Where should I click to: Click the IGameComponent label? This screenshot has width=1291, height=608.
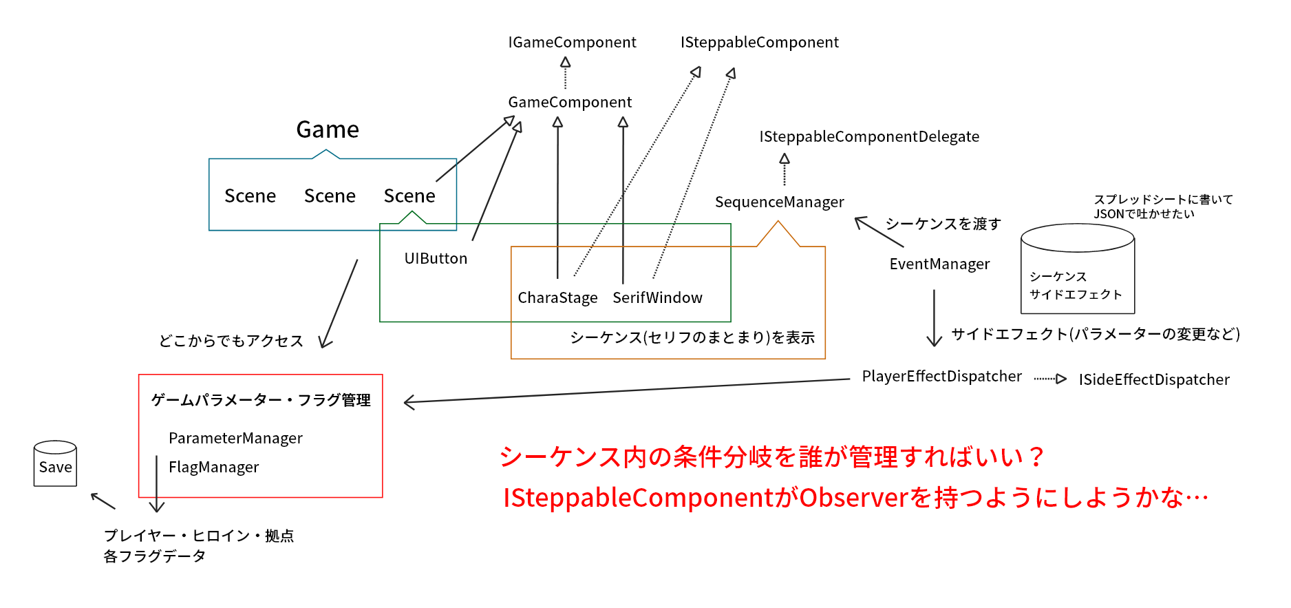tap(572, 43)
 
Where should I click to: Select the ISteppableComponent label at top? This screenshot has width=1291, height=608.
tap(759, 43)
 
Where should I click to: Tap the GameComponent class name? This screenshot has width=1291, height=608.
tap(570, 103)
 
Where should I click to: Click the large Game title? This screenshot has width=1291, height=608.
tap(328, 130)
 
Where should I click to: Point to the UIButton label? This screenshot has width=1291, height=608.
tap(436, 259)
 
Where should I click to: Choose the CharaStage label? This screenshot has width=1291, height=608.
tap(557, 298)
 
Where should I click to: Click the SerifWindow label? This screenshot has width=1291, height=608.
tap(657, 298)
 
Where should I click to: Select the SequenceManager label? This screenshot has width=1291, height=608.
tap(779, 202)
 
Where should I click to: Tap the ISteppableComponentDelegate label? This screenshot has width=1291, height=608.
tap(868, 137)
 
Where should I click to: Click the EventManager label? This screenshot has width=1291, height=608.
tap(939, 264)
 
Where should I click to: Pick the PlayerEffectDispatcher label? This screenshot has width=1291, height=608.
tap(941, 377)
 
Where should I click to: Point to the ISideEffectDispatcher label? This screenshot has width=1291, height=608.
tap(1153, 380)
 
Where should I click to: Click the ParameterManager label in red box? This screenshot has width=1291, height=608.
tap(235, 439)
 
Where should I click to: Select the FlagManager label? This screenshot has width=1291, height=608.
tap(213, 468)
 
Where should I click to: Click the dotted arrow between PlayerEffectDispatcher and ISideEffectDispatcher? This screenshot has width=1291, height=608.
tap(1050, 379)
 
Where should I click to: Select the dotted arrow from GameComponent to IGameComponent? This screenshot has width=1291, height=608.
tap(566, 73)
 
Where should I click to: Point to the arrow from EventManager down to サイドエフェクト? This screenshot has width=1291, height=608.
tap(934, 317)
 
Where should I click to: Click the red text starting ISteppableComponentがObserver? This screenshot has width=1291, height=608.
tap(855, 498)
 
